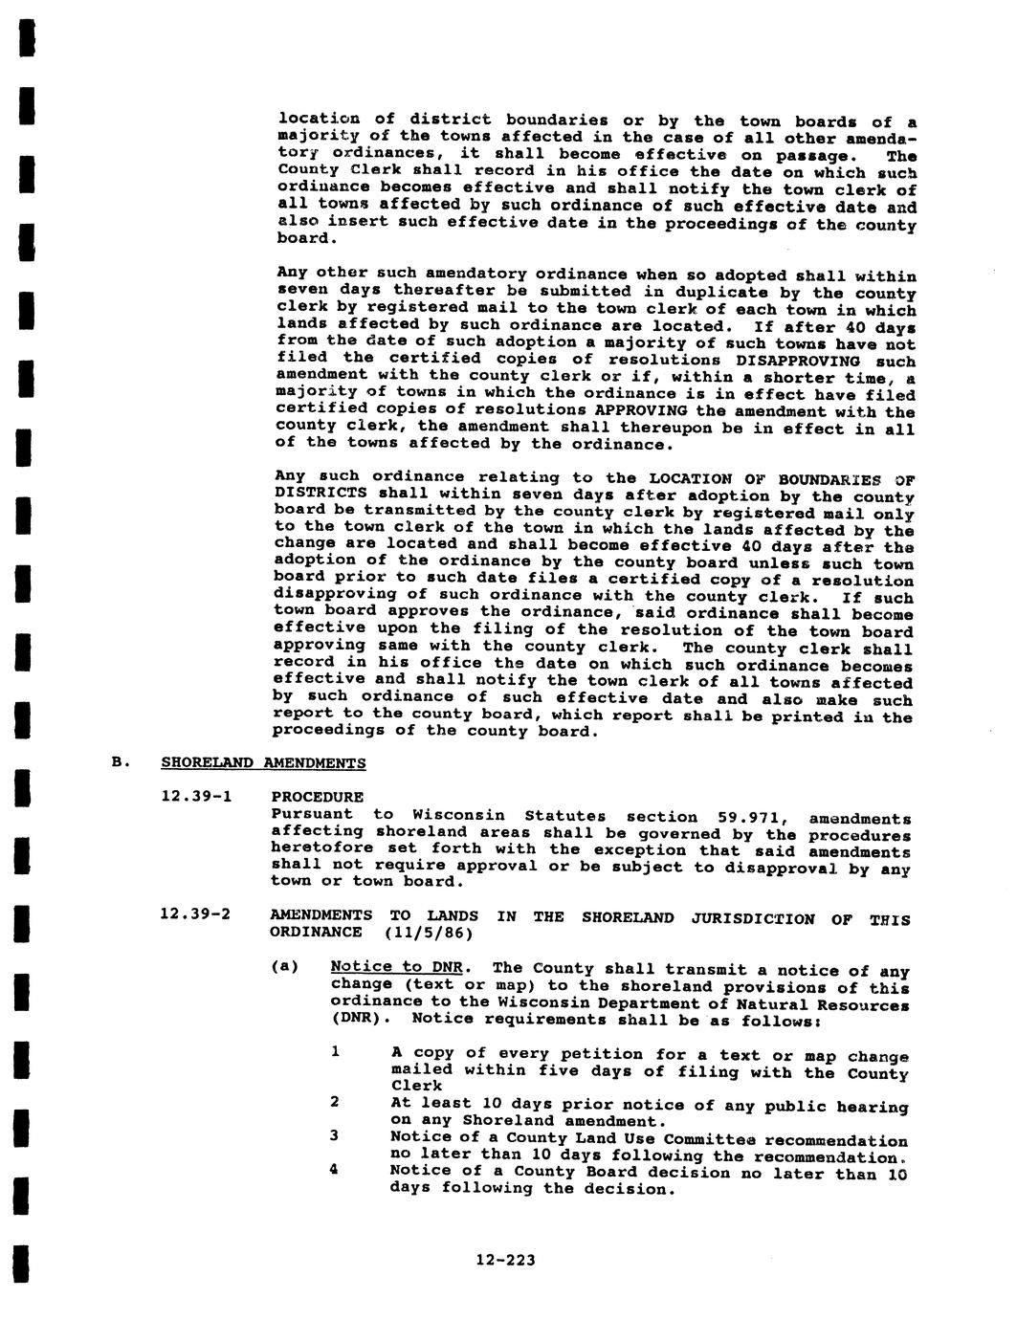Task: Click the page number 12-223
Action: (x=506, y=1260)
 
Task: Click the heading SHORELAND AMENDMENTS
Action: (x=263, y=763)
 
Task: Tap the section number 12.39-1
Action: (x=196, y=796)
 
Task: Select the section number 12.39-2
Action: (x=196, y=914)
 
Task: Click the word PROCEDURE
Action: (x=318, y=796)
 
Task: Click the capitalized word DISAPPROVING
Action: (x=799, y=361)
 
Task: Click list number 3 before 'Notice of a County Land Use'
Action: (x=335, y=1136)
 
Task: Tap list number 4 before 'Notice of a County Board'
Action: (x=335, y=1170)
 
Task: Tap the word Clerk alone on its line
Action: (x=416, y=1086)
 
